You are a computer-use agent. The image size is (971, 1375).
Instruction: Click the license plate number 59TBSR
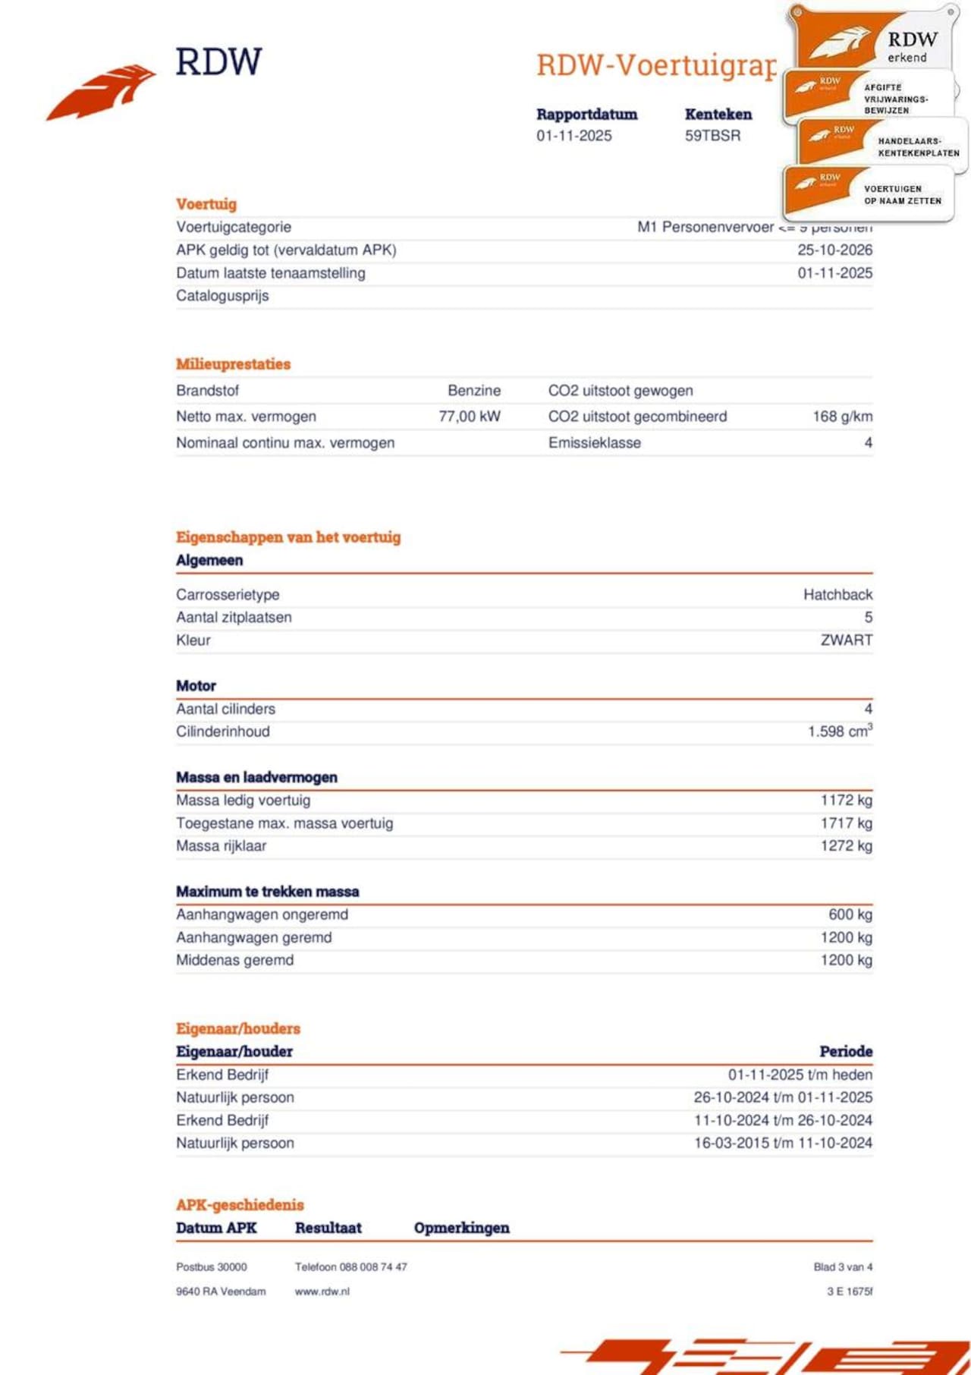coord(712,136)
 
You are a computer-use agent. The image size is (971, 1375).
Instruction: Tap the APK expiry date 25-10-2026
coord(834,250)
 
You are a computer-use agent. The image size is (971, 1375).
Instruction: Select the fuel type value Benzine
coord(474,391)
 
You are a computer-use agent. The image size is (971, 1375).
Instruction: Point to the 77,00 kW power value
coord(470,417)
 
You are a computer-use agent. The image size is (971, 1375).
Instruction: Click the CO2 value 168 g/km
coord(842,417)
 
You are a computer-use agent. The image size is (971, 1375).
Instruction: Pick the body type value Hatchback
coord(837,595)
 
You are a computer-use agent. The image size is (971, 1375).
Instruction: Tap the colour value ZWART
coord(846,640)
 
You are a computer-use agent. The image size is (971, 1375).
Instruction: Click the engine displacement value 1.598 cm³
coord(839,732)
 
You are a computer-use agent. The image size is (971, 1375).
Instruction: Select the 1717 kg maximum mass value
coord(846,823)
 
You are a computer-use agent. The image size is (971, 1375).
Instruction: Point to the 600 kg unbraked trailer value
coord(850,914)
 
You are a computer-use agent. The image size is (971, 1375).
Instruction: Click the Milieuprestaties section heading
coord(233,364)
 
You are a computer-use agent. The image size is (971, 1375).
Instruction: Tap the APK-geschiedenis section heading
coord(240,1205)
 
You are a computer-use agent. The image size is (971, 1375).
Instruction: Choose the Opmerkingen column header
coord(461,1228)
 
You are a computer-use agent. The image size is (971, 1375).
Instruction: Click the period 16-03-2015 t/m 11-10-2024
coord(783,1143)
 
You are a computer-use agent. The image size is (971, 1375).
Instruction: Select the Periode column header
coord(845,1052)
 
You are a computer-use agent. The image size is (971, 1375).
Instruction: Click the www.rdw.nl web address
coord(322,1292)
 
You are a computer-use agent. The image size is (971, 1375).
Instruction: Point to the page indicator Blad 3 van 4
coord(842,1267)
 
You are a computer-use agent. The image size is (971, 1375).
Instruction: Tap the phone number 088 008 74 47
coord(372,1267)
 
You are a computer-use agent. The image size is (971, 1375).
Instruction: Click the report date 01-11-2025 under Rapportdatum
coord(573,136)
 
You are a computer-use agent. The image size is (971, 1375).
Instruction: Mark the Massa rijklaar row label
coord(221,846)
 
